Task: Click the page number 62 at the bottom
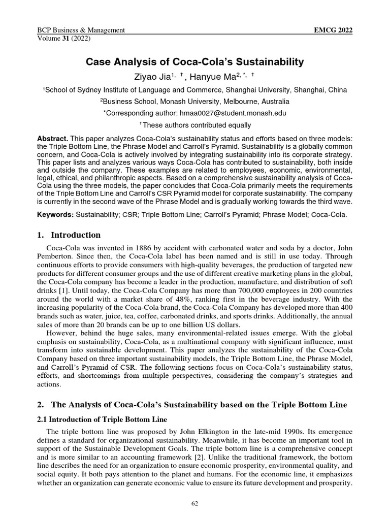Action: pyautogui.click(x=195, y=503)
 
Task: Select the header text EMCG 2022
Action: pyautogui.click(x=334, y=30)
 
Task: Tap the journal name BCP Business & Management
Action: pyautogui.click(x=81, y=30)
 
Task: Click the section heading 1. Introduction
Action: pyautogui.click(x=70, y=235)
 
